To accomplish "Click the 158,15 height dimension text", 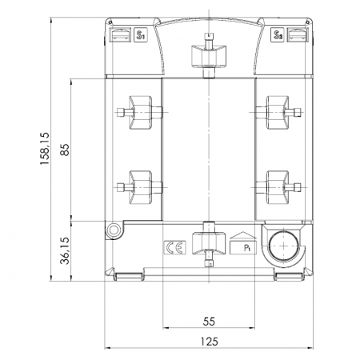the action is [x=44, y=148].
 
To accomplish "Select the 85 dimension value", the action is [x=65, y=150].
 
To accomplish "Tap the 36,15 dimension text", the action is [x=65, y=250].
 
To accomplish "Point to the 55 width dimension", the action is [x=209, y=322].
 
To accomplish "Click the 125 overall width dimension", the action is [x=210, y=342].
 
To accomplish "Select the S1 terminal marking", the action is [x=140, y=35].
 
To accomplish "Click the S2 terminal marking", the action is [x=278, y=35].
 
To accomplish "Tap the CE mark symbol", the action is [x=175, y=247].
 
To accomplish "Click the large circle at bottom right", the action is [x=283, y=246].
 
